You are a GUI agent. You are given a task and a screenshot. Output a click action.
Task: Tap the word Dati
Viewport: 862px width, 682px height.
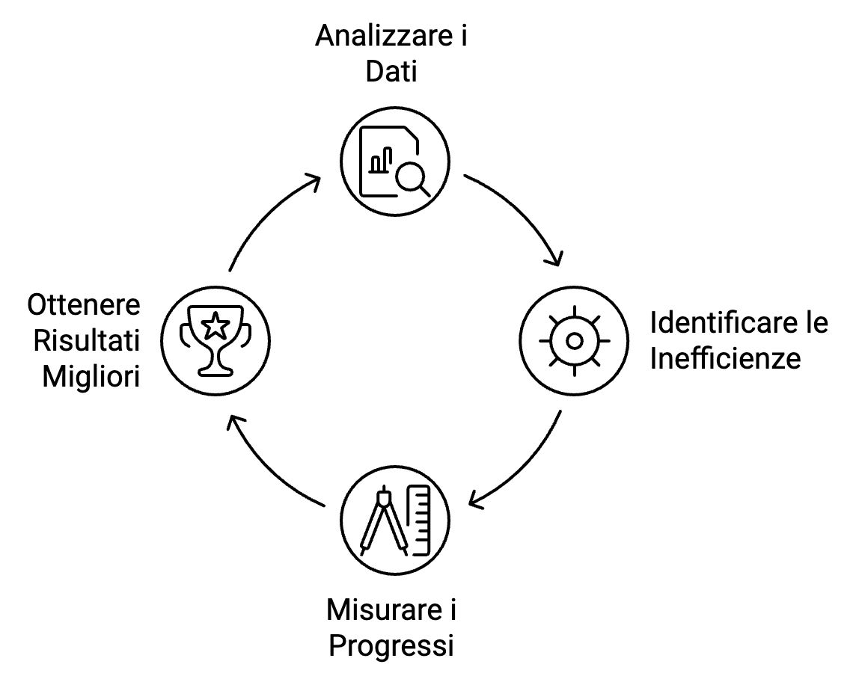click(391, 72)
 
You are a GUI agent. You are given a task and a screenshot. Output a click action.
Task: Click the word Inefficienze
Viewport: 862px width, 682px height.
click(725, 358)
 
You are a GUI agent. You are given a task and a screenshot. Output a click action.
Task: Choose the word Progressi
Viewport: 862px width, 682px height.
click(391, 646)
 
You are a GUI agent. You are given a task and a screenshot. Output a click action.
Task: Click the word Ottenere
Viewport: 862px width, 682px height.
click(84, 305)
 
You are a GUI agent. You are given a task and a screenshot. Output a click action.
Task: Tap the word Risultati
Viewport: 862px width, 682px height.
click(87, 341)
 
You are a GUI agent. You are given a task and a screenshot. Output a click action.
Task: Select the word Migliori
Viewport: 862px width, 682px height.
click(91, 377)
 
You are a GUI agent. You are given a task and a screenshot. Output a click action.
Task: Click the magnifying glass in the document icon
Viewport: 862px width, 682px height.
click(412, 178)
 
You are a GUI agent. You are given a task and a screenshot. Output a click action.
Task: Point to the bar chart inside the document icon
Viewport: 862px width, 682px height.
click(381, 160)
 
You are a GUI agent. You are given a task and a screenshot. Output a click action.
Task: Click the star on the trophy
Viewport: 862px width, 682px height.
click(215, 326)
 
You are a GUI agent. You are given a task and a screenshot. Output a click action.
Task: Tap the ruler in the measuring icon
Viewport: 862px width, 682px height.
click(419, 520)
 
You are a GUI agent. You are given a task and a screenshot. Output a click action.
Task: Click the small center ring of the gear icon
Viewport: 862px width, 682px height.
click(575, 341)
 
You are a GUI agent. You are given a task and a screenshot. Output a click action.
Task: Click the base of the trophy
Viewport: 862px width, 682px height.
click(215, 372)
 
